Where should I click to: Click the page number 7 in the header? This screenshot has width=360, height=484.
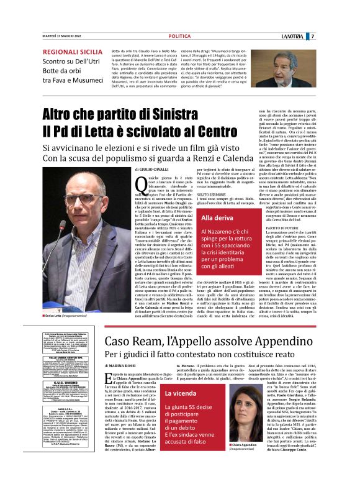348,37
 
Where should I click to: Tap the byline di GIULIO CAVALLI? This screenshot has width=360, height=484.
152,169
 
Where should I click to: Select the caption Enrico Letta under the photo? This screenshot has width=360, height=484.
56,334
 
